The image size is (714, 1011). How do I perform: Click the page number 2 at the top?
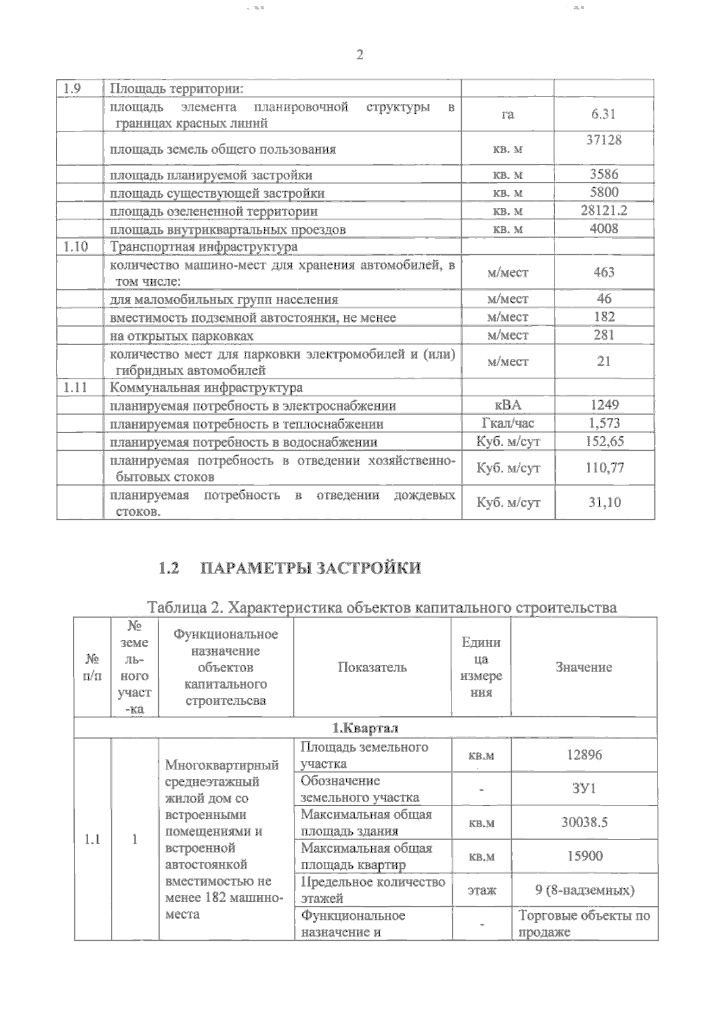pos(359,55)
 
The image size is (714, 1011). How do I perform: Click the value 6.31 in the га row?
pos(603,114)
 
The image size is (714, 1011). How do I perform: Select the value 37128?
pos(604,140)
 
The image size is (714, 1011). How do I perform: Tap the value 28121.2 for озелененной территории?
pos(604,210)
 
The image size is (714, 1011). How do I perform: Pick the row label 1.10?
pos(76,246)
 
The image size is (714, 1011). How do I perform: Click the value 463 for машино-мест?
pos(604,272)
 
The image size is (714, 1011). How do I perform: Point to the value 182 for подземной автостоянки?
pos(604,317)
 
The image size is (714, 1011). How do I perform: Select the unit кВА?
pos(508,405)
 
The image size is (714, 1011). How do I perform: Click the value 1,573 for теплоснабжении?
pos(604,423)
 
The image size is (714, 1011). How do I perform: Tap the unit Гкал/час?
pos(508,423)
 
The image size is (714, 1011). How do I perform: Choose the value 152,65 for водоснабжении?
pos(604,441)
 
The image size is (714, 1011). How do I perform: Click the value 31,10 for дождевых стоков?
pos(604,502)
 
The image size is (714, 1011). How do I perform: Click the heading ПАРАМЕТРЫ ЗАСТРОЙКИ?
pos(311,567)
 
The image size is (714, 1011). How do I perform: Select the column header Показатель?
pos(372,667)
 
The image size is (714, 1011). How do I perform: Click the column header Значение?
pos(584,667)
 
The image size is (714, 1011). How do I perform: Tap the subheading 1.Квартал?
pos(365,728)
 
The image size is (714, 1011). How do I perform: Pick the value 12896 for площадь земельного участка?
pos(584,755)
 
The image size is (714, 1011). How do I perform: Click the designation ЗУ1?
pos(584,788)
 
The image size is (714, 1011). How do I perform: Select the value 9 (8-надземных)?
pos(584,890)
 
